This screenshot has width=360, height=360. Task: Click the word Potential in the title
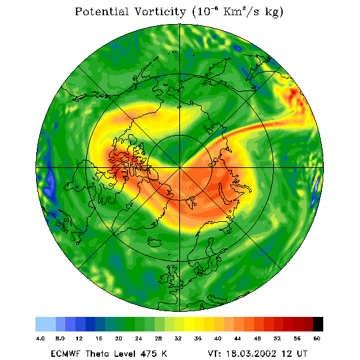[x=101, y=11]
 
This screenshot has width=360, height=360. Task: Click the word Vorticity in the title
[x=160, y=11]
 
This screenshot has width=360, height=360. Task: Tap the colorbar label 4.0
[x=40, y=338]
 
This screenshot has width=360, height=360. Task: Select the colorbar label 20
[x=119, y=338]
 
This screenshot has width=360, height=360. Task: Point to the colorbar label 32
[x=178, y=338]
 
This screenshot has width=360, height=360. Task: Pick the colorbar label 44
[x=238, y=338]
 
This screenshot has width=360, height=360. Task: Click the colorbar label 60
[x=317, y=338]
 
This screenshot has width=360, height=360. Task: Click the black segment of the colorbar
[x=318, y=324]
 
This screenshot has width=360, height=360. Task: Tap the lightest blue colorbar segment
[x=46, y=324]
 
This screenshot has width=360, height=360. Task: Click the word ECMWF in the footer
[x=65, y=354]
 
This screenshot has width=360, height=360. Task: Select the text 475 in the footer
[x=149, y=354]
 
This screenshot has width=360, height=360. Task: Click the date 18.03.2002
[x=251, y=354]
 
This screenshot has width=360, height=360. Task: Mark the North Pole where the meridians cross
[x=179, y=167]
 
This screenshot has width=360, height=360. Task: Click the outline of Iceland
[x=154, y=241]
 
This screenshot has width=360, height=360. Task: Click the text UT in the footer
[x=301, y=354]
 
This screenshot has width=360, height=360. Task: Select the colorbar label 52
[x=277, y=338]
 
